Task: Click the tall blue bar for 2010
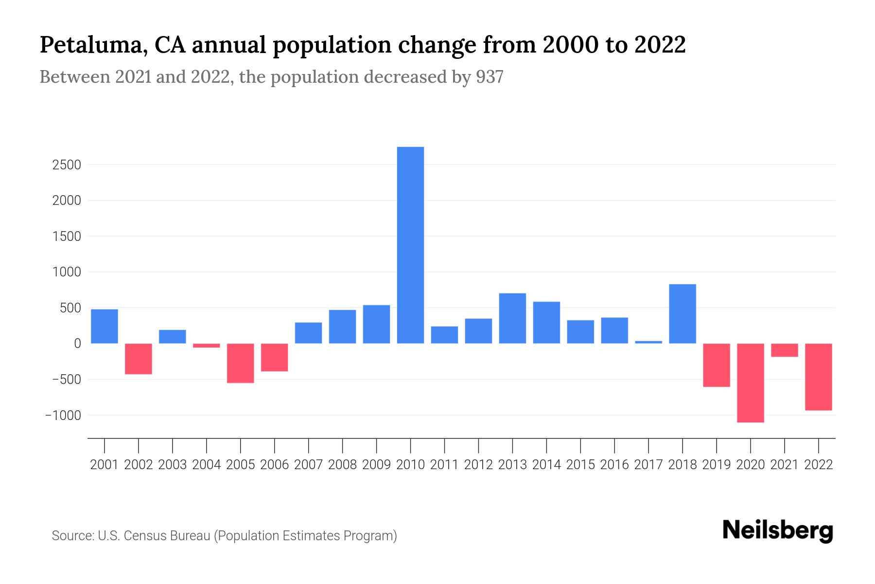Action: coord(410,245)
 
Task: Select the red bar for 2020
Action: coord(751,383)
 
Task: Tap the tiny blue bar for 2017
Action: coord(648,342)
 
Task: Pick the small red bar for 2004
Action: coord(207,346)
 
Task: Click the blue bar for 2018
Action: coord(682,314)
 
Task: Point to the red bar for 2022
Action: coord(819,377)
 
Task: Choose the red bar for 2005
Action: coord(241,363)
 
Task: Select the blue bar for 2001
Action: coord(105,327)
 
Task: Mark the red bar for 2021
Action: coord(785,350)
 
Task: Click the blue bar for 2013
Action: coord(512,318)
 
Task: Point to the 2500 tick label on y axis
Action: coord(67,165)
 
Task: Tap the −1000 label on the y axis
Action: coord(63,415)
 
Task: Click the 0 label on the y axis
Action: coord(77,344)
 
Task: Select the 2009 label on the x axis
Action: coord(377,465)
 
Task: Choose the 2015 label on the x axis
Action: coord(580,465)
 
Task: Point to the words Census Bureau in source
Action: coord(167,536)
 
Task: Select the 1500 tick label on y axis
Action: coord(67,237)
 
